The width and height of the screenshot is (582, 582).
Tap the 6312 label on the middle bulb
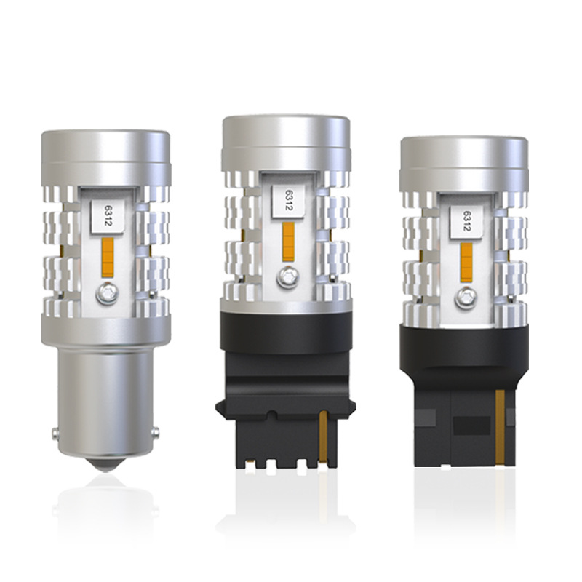287,202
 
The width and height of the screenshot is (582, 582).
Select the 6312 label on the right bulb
464,222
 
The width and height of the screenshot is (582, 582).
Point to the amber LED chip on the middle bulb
288,240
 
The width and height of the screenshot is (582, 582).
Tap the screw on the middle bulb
287,275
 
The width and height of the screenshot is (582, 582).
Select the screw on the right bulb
465,295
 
